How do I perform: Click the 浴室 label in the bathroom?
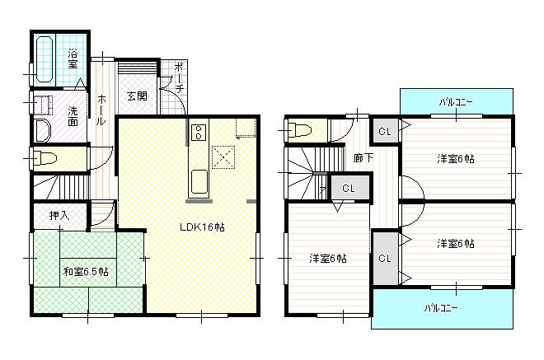pyautogui.click(x=73, y=58)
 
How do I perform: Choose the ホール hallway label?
pyautogui.click(x=101, y=110)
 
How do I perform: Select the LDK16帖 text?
pyautogui.click(x=203, y=227)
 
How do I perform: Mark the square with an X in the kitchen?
pyautogui.click(x=223, y=156)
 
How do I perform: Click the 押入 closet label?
pyautogui.click(x=59, y=216)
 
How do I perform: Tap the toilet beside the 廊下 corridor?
pyautogui.click(x=298, y=129)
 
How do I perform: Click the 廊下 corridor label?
pyautogui.click(x=363, y=157)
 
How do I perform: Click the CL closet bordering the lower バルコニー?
pyautogui.click(x=384, y=258)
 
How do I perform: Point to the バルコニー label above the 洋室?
pyautogui.click(x=456, y=102)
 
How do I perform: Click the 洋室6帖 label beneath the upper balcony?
pyautogui.click(x=455, y=159)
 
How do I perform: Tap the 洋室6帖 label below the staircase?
pyautogui.click(x=327, y=258)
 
